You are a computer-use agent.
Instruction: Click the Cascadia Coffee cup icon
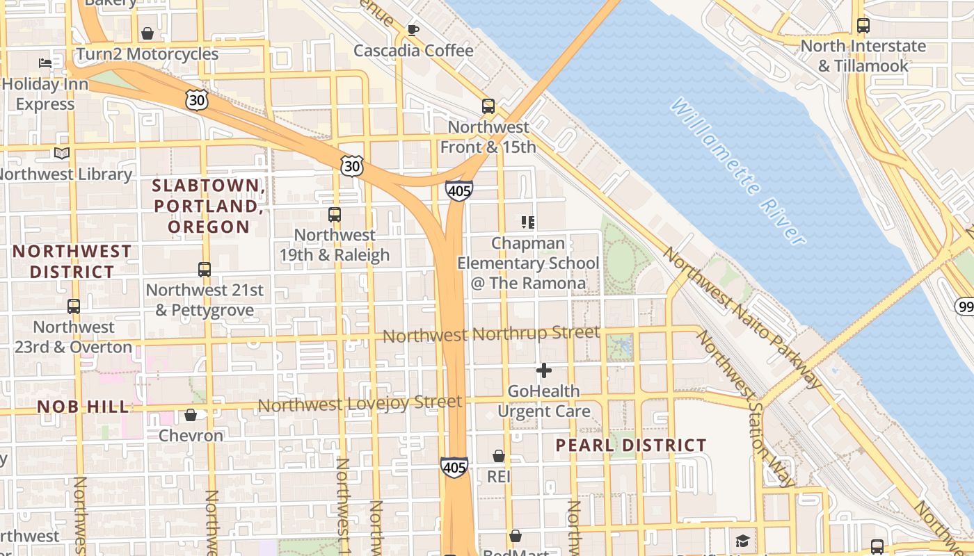coord(413,30)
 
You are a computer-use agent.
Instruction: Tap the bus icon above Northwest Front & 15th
coord(488,106)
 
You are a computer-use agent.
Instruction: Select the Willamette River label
coord(738,171)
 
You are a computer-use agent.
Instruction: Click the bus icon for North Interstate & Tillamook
coord(863,26)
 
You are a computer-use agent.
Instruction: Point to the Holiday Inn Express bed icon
coord(45,63)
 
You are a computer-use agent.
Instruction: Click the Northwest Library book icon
coord(62,153)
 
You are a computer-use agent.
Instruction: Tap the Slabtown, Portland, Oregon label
coord(209,206)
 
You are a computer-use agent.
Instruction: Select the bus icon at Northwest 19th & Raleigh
coord(335,215)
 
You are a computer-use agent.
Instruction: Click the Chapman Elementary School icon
coord(528,222)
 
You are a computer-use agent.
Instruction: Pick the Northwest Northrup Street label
coord(490,335)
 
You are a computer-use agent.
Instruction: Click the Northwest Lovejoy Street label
coord(360,403)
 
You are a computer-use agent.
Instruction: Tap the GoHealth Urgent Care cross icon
coord(544,370)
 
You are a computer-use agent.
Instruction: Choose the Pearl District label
coord(631,445)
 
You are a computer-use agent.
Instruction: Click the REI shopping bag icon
coord(499,457)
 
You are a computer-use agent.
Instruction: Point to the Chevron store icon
coord(191,416)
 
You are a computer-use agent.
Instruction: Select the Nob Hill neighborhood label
coord(83,407)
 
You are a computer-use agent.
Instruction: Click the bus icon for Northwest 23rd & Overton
coord(74,306)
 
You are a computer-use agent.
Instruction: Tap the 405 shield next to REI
coord(454,467)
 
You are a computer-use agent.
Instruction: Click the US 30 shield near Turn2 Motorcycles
coord(197,100)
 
